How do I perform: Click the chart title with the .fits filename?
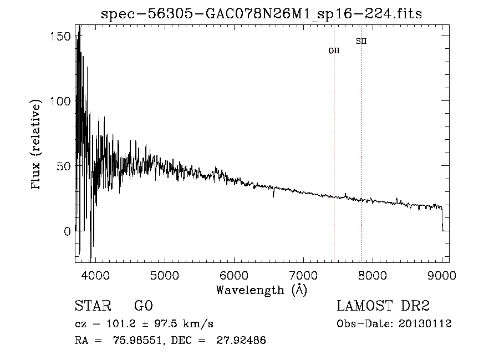[x=261, y=14]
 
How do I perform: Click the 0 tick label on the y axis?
[x=68, y=231]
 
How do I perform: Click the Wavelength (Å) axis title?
[x=261, y=290]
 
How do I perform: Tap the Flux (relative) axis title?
[x=37, y=145]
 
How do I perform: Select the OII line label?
[x=334, y=50]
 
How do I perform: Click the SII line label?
[x=361, y=41]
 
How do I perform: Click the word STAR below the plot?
[x=93, y=306]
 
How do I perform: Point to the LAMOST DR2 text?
[x=383, y=306]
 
